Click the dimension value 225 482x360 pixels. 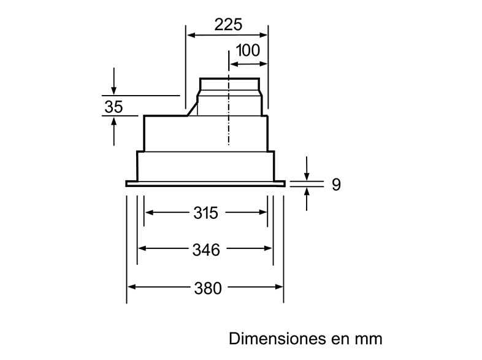(228, 25)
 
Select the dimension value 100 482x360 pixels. (248, 51)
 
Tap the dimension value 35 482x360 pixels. (113, 107)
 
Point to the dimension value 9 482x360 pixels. (335, 185)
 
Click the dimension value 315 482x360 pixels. (205, 213)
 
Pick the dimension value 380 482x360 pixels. (207, 288)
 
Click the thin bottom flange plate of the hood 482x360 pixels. (205, 183)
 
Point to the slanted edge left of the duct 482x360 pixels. (192, 109)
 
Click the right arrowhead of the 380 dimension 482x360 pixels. (279, 288)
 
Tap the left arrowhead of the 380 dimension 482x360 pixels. (131, 288)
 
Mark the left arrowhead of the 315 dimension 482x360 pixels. (149, 213)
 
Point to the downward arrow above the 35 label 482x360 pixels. (114, 90)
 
